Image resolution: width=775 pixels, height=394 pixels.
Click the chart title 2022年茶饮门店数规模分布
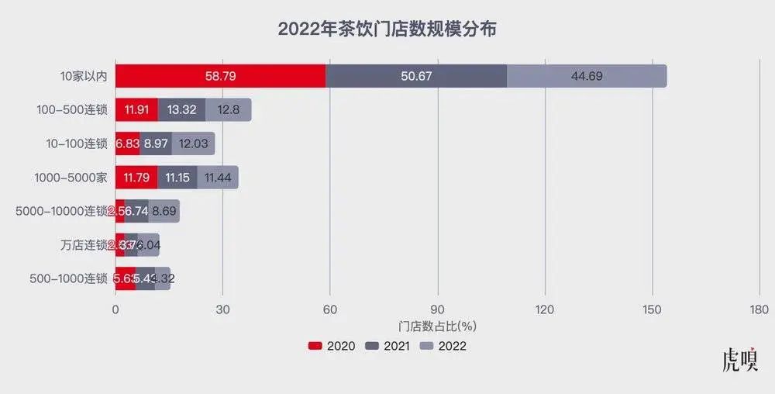click(x=387, y=30)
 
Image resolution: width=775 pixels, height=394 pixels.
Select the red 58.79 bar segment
click(x=220, y=76)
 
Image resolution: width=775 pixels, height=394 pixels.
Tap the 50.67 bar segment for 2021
click(x=416, y=76)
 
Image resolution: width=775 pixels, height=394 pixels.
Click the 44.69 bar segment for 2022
click(x=587, y=76)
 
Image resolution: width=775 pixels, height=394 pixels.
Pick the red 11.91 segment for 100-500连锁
click(x=136, y=110)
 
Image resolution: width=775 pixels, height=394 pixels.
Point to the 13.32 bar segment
click(x=181, y=110)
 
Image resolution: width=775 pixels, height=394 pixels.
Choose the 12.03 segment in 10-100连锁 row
click(x=193, y=143)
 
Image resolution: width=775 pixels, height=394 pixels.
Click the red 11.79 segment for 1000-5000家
click(x=136, y=178)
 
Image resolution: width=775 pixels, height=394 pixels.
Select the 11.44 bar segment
click(x=218, y=178)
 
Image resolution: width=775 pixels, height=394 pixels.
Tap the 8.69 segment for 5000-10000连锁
click(x=164, y=211)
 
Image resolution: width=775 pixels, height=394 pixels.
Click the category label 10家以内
click(x=84, y=77)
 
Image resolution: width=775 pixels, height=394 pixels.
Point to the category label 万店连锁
click(x=84, y=245)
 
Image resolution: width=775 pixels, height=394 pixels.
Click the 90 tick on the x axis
click(x=438, y=309)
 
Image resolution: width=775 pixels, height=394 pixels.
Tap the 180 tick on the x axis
click(x=759, y=309)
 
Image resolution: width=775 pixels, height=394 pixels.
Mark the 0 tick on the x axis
click(x=115, y=309)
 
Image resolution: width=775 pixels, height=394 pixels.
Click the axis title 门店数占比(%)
click(x=437, y=326)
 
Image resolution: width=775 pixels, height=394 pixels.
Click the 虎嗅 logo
click(x=739, y=361)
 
